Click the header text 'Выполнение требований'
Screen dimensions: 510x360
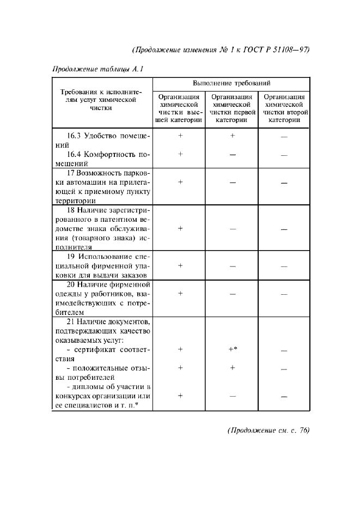point(232,83)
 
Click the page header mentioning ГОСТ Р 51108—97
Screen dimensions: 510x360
point(221,50)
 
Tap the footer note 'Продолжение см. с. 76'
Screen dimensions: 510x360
point(268,430)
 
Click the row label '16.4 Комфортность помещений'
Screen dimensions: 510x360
point(101,159)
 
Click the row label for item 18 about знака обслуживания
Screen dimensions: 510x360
point(101,228)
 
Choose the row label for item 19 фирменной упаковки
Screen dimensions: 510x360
point(101,265)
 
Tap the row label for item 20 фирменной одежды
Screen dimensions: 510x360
point(101,298)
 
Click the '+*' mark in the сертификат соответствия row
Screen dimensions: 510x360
point(232,349)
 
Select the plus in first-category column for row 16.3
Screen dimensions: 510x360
point(232,136)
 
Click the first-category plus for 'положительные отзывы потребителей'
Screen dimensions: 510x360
point(232,368)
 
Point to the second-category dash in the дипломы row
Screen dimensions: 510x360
point(284,397)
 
